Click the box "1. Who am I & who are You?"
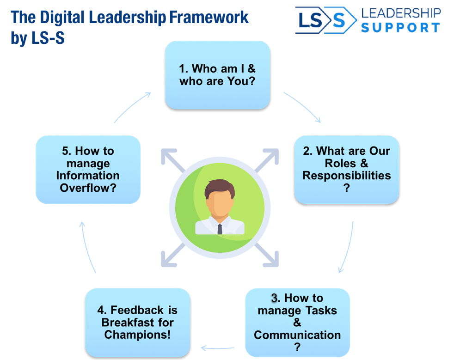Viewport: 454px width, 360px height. (217, 75)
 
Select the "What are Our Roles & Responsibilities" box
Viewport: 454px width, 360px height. (346, 170)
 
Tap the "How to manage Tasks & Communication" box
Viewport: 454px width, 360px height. (297, 322)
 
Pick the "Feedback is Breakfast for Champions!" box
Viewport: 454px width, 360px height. (137, 322)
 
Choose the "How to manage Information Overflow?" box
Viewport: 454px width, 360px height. (88, 170)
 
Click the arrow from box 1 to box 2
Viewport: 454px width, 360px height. (303, 106)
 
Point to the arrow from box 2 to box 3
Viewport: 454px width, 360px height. (347, 247)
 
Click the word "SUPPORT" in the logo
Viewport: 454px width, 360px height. (400, 27)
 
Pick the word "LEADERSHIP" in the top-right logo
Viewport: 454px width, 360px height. (400, 13)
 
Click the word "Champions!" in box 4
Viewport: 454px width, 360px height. (137, 334)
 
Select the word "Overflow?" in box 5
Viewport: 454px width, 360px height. (88, 188)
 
